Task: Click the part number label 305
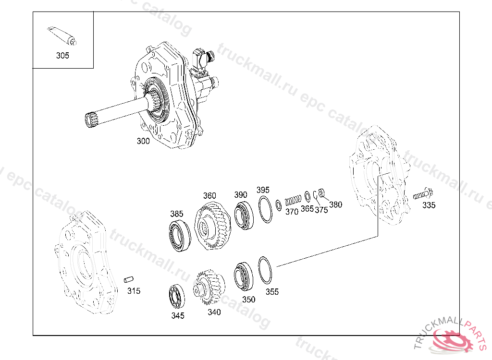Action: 62,56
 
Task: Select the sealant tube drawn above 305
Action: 62,36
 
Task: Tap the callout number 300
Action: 143,141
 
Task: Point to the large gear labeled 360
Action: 213,226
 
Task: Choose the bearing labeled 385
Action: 180,236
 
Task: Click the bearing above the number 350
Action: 244,276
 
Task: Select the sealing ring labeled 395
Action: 265,209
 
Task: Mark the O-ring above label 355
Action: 265,270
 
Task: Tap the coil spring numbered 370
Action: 293,200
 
